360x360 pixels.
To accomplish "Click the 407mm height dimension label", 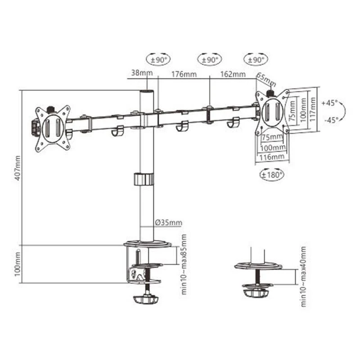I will coord(18,167).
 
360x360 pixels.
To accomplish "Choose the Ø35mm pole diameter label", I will coord(168,222).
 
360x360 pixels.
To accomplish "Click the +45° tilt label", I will coord(330,103).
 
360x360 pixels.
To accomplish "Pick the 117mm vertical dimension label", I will coord(311,110).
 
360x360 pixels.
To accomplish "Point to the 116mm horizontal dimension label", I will coord(271,157).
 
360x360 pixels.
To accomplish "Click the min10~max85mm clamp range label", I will coord(184,264).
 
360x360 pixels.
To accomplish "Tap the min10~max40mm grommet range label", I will coord(303,276).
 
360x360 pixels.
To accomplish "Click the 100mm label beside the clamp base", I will coord(18,264).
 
